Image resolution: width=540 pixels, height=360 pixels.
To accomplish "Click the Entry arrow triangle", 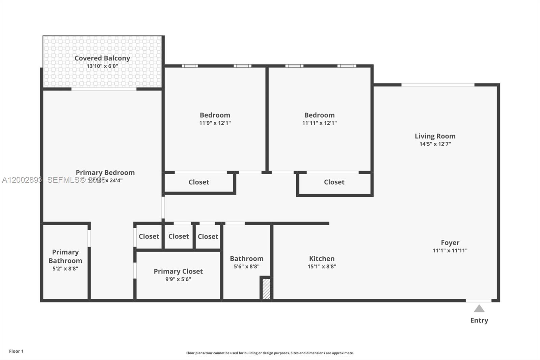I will (x=479, y=309).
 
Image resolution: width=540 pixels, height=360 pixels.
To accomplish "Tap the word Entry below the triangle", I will (x=479, y=320).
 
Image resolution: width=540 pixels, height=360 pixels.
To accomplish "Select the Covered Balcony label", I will (x=102, y=58).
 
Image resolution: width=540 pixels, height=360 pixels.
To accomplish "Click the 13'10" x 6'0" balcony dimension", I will (x=102, y=66).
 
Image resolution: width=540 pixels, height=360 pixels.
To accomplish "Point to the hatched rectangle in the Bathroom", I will (x=266, y=288).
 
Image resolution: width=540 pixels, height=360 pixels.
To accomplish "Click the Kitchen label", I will (x=322, y=258).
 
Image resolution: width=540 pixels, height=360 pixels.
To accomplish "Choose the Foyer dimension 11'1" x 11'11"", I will (x=450, y=250).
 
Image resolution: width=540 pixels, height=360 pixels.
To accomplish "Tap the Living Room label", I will (x=435, y=136).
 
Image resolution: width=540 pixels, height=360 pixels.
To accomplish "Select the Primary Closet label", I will (x=178, y=271).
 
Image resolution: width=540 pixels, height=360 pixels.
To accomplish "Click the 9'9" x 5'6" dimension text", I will (x=178, y=279).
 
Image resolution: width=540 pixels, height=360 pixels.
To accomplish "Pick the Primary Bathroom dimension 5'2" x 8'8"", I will (x=65, y=268).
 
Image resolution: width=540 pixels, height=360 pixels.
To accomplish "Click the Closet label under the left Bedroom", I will (x=199, y=182).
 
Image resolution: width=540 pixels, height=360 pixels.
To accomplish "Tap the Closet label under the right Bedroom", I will (x=334, y=182).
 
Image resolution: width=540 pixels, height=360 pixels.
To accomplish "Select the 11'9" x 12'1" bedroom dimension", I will (x=215, y=123).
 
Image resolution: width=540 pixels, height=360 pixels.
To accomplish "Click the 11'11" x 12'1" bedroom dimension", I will (x=319, y=123).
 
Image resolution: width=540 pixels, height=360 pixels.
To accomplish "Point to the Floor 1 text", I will (x=16, y=351).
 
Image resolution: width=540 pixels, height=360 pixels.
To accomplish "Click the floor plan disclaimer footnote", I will (x=270, y=353).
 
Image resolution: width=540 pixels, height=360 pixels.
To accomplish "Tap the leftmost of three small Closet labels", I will (x=149, y=236).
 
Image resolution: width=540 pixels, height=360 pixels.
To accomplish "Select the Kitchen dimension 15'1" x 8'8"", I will (x=322, y=266).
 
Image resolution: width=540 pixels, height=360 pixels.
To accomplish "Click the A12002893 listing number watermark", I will (x=22, y=180).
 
